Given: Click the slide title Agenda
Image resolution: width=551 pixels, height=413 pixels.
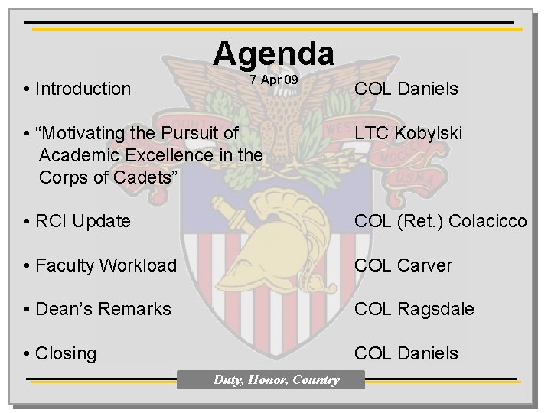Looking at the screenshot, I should pos(273,54).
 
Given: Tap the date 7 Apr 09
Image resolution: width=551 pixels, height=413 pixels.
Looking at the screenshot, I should pos(273,80).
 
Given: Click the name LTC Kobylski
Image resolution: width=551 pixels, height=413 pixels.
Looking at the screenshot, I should pos(407,133).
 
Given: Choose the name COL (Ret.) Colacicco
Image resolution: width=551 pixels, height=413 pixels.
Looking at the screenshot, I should pos(440,222).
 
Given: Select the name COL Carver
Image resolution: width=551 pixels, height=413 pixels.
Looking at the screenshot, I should pos(403,265).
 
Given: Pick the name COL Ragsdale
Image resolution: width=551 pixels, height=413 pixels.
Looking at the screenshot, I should pos(413,309).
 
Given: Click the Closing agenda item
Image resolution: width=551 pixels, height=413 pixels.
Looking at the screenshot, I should pos(66,353).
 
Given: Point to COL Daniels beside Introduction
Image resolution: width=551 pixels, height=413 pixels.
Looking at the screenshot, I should pos(406,89).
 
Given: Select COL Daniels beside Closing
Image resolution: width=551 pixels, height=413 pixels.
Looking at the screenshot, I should pos(406,353).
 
